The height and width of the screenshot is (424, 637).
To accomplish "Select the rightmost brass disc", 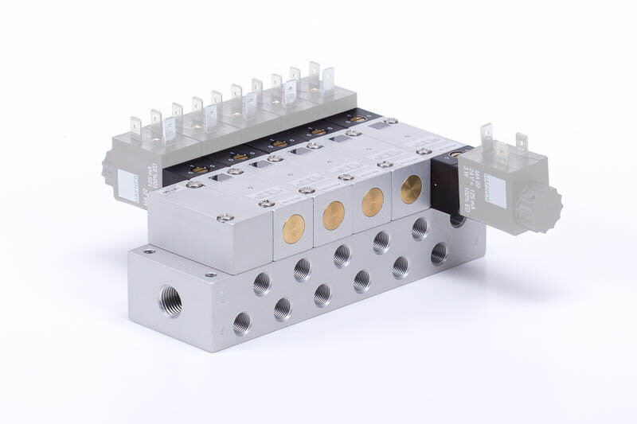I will (x=412, y=189).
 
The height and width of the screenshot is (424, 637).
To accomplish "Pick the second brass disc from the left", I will (x=334, y=215).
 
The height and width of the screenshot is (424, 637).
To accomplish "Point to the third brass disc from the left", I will (x=373, y=202).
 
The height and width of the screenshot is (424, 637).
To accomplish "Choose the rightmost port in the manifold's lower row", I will (x=439, y=253).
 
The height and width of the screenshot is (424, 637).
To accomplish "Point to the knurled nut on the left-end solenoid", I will (x=108, y=168).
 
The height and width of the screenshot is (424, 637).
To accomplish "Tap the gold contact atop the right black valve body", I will (x=455, y=154).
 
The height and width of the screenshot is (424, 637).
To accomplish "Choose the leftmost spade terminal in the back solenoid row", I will (x=136, y=126).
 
